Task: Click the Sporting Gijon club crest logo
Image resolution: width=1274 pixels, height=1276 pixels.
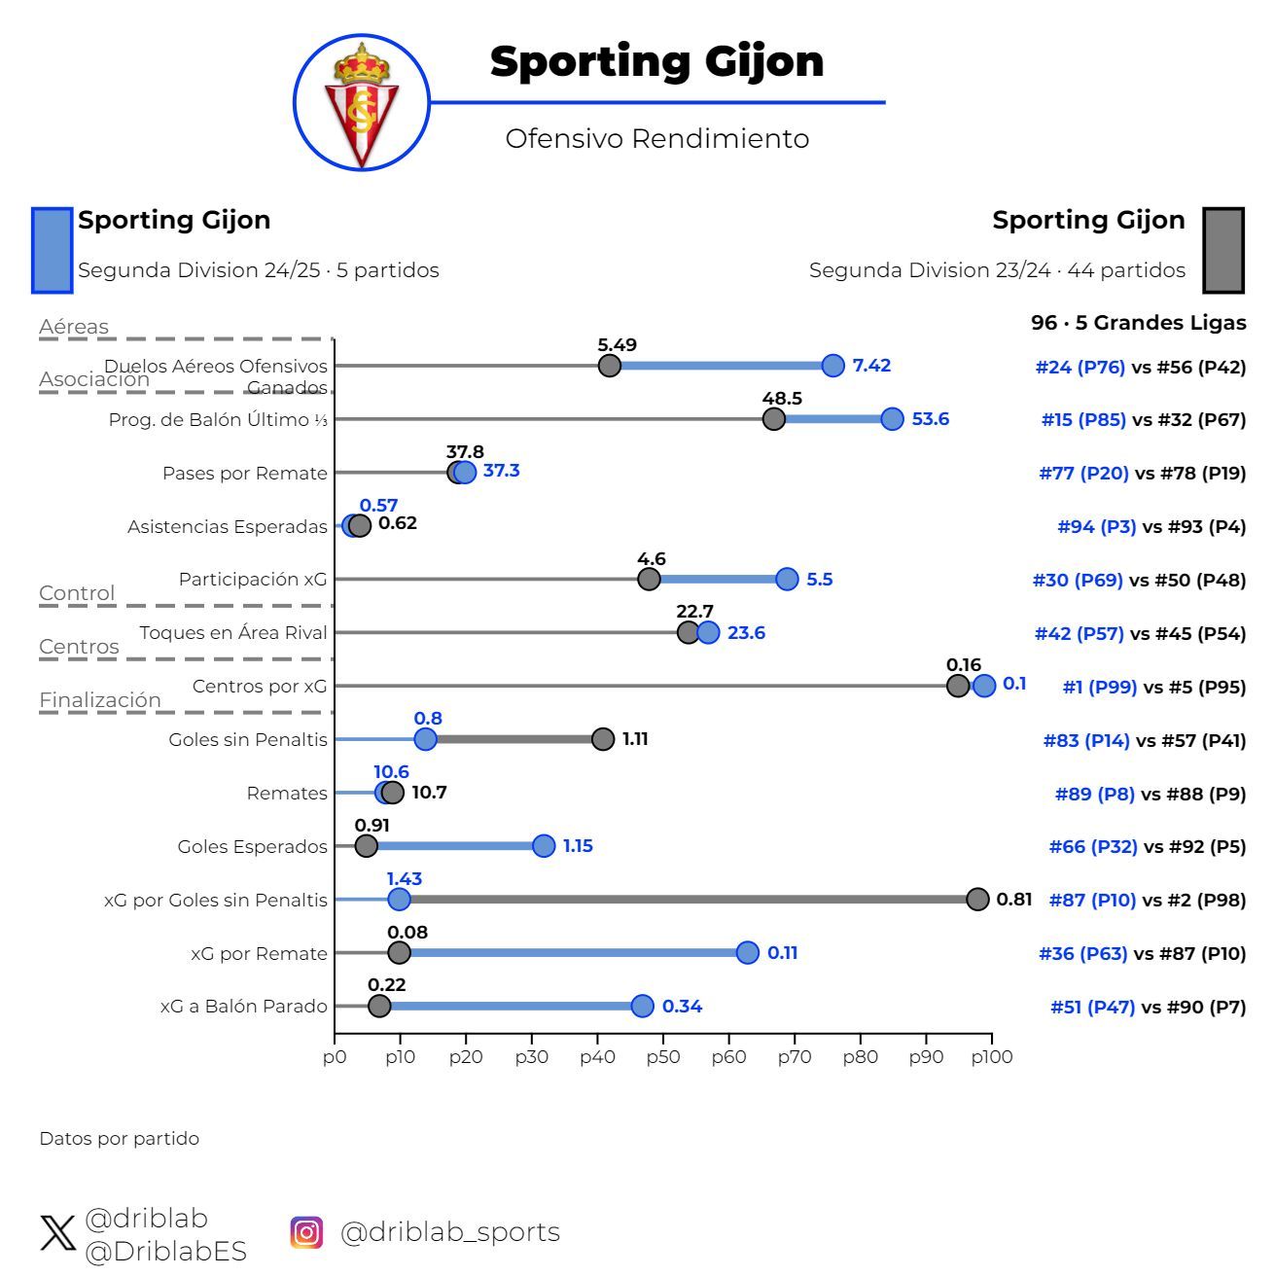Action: (x=362, y=103)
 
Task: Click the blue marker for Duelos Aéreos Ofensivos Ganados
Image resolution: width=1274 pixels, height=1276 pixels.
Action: (x=832, y=366)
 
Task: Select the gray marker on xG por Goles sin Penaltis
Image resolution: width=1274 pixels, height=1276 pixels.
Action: (x=977, y=900)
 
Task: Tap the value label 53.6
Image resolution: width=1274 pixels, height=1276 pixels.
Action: (x=930, y=419)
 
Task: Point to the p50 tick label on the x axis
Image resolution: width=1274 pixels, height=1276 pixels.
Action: (x=662, y=1057)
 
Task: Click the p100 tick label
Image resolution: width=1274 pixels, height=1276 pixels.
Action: (x=991, y=1057)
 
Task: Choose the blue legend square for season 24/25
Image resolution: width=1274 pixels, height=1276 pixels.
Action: (x=53, y=250)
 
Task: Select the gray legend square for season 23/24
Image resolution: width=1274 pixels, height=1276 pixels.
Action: (x=1223, y=250)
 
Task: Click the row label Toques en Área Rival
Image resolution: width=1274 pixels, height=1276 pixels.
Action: (x=233, y=633)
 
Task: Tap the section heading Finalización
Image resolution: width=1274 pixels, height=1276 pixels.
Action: (x=100, y=700)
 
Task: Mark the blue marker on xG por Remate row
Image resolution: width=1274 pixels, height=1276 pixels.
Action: (x=747, y=953)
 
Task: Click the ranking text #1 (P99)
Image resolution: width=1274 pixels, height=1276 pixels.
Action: (x=1099, y=687)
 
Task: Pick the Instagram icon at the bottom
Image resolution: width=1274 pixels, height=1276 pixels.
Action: (x=306, y=1232)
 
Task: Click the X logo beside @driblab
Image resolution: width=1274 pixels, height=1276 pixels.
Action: (x=58, y=1233)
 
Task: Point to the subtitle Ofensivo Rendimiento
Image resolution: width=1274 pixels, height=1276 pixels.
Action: (x=656, y=138)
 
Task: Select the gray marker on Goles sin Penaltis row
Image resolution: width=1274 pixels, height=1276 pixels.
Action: (x=603, y=739)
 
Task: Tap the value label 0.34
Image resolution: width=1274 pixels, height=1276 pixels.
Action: (x=682, y=1007)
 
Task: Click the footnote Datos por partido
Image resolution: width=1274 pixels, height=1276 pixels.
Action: (x=119, y=1139)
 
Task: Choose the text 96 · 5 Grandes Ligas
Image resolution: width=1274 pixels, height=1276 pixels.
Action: (x=1138, y=323)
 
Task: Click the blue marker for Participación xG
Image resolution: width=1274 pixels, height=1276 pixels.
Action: (x=787, y=580)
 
